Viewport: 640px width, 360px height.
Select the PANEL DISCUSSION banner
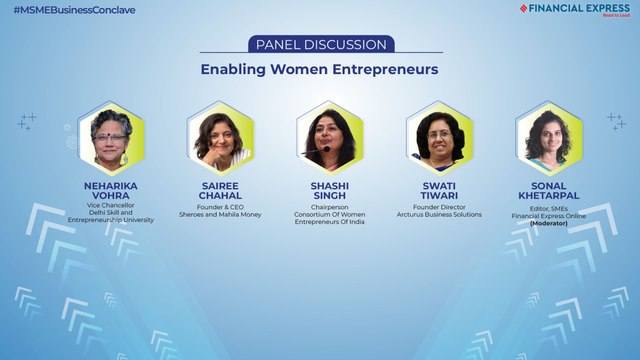point(319,45)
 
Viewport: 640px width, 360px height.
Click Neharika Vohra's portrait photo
point(111,137)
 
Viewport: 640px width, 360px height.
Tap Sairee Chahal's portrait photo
point(220,137)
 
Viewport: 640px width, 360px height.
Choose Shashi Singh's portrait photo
point(330,137)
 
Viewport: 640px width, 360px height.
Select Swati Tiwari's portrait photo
point(440,137)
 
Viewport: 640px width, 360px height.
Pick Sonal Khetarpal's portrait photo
point(548,137)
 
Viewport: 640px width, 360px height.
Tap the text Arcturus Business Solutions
point(440,214)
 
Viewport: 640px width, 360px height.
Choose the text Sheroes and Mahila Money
point(220,214)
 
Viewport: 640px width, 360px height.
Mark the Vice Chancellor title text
point(111,206)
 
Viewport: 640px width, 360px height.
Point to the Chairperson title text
point(330,206)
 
